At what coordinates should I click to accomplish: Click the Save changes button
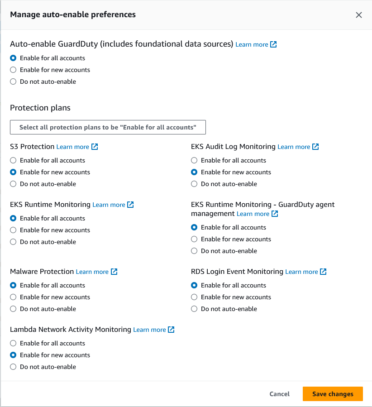[333, 394]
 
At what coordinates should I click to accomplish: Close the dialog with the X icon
[359, 15]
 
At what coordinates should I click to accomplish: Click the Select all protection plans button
[108, 127]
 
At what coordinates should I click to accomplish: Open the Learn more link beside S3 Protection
[77, 147]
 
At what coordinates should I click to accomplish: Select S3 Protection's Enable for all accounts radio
[13, 160]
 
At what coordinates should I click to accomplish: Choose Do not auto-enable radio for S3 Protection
[13, 184]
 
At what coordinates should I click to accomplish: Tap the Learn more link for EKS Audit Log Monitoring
[298, 147]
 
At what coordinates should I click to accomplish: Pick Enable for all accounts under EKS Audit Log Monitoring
[194, 160]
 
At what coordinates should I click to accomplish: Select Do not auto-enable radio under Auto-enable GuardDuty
[13, 81]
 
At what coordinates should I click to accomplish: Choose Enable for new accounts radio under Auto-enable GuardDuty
[13, 70]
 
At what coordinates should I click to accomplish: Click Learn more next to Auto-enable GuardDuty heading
[256, 44]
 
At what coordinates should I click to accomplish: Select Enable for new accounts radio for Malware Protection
[13, 297]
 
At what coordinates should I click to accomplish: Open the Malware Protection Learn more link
[96, 272]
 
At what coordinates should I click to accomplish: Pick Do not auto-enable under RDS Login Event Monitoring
[194, 309]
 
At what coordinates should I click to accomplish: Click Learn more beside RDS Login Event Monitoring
[305, 272]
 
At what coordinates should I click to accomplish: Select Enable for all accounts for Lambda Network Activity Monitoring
[13, 343]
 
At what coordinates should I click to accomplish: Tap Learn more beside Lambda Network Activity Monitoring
[153, 330]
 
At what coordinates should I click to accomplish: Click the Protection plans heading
[40, 108]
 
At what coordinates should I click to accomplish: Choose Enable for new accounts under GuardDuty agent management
[194, 239]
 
